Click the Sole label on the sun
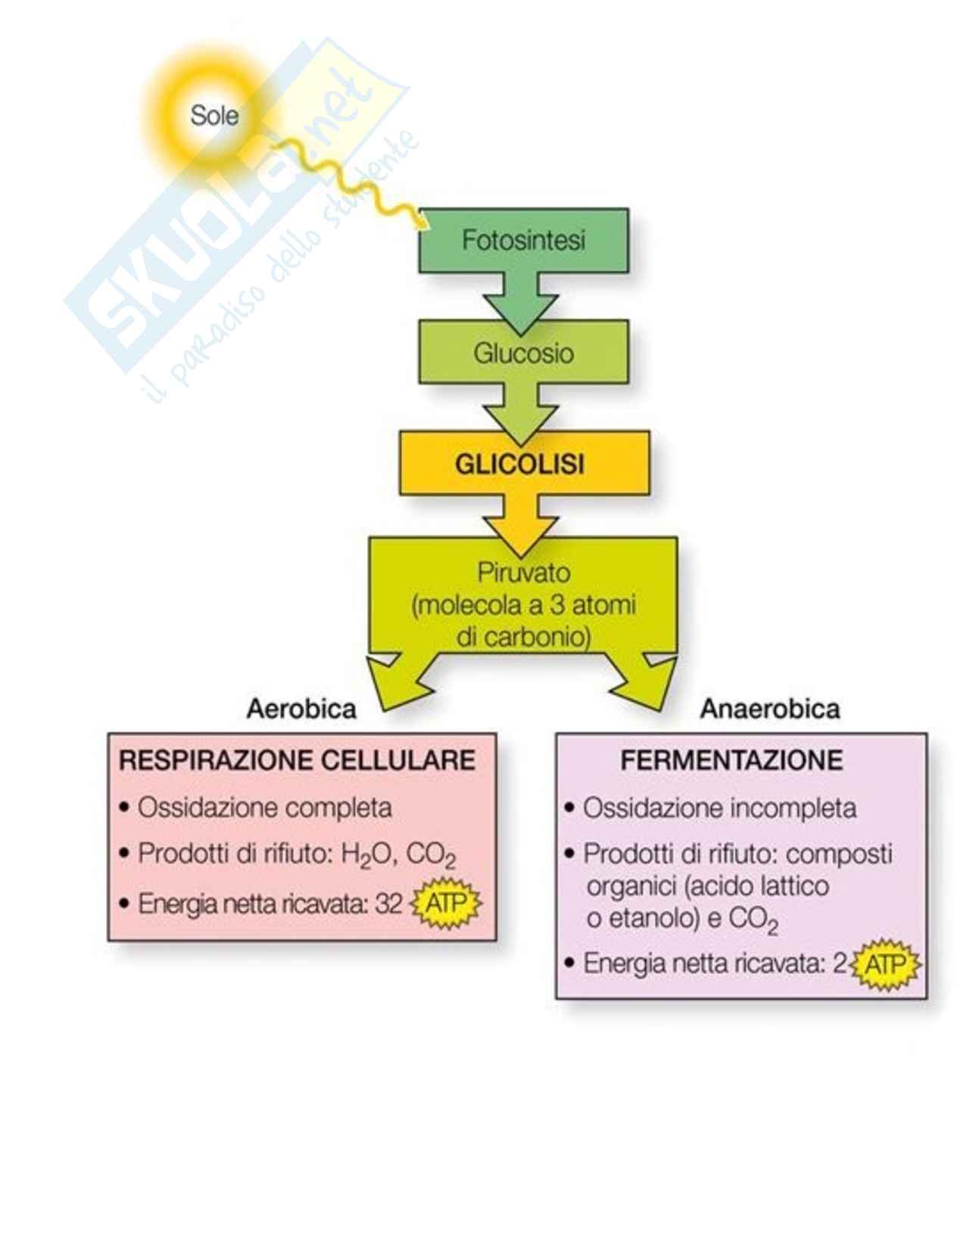(x=214, y=116)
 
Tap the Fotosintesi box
(x=523, y=240)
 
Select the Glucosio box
(x=523, y=352)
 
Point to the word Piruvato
(x=523, y=572)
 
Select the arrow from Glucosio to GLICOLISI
(x=522, y=413)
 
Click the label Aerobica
(x=301, y=709)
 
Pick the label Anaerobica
(x=769, y=709)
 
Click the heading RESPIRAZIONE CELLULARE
(x=298, y=760)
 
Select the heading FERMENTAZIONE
(x=731, y=760)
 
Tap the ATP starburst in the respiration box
(x=445, y=904)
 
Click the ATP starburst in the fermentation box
(x=884, y=965)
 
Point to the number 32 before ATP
(x=388, y=904)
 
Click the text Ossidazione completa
(x=264, y=807)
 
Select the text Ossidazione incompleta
(x=719, y=808)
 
